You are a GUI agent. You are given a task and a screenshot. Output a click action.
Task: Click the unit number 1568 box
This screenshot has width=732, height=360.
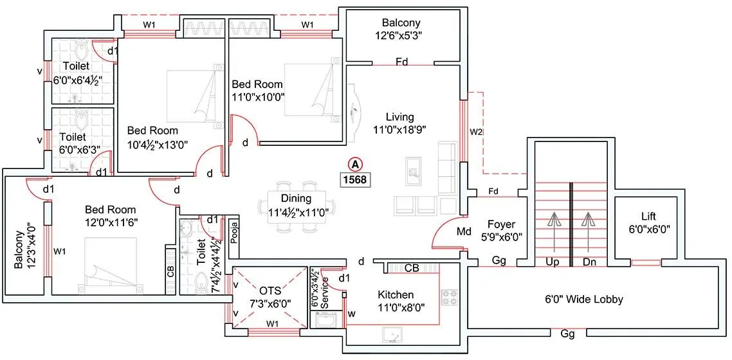(355, 179)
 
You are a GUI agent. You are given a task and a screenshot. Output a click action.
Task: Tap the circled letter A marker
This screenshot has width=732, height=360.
(354, 163)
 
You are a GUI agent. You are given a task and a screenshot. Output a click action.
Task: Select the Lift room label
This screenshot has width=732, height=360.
(648, 216)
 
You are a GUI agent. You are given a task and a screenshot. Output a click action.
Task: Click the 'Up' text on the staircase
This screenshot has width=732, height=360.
(551, 262)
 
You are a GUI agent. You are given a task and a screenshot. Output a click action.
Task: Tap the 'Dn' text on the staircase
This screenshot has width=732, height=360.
(590, 262)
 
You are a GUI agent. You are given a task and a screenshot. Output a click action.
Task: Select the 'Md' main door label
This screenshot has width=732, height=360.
(464, 231)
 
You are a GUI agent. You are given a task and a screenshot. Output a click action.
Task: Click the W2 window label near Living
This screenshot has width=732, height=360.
(475, 132)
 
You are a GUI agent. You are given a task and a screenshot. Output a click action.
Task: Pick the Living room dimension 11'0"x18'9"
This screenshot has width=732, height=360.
(400, 129)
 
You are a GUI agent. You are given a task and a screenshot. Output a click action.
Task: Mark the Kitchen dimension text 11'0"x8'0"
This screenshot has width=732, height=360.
(401, 307)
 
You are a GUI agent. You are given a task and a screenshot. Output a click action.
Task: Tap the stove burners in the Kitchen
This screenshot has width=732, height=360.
(448, 298)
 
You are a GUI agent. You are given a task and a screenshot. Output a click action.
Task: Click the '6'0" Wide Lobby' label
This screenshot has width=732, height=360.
(584, 299)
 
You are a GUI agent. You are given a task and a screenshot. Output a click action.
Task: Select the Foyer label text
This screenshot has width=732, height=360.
(501, 224)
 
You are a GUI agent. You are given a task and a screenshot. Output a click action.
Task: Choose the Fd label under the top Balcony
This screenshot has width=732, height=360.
(402, 62)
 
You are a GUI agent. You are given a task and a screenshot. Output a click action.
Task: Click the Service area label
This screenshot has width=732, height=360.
(325, 293)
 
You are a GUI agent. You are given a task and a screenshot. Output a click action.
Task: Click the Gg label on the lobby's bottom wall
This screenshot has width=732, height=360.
(567, 335)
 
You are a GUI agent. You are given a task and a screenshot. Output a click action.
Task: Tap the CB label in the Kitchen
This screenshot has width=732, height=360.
(412, 268)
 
